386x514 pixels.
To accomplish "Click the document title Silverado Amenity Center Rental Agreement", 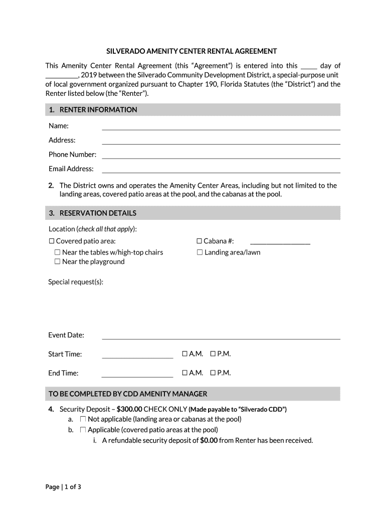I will click(x=191, y=51).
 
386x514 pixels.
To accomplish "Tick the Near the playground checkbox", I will click(x=58, y=262).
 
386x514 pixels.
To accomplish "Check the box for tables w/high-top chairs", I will click(x=58, y=252).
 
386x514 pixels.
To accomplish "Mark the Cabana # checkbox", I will click(x=200, y=241).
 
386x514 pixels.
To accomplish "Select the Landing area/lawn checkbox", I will click(x=200, y=252).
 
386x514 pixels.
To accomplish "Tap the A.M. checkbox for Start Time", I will click(x=185, y=354).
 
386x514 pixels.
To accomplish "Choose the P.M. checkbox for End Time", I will click(x=213, y=373).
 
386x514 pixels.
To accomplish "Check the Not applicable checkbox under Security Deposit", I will click(x=83, y=419).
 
